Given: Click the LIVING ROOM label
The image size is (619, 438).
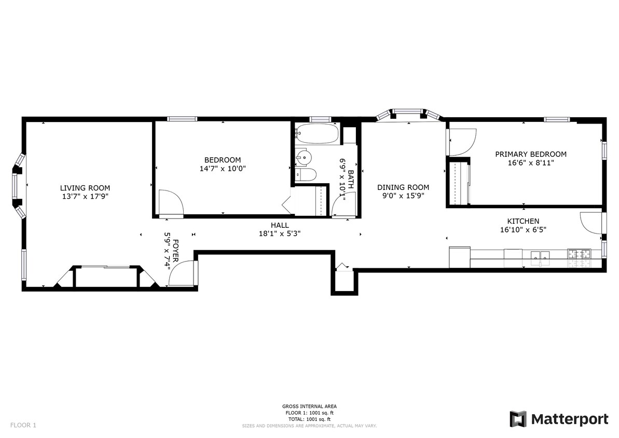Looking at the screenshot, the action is click(85, 188).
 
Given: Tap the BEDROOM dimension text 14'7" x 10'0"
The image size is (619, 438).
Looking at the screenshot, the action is click(223, 169).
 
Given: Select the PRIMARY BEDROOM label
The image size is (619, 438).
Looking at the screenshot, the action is click(531, 154).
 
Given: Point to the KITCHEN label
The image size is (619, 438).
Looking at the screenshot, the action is click(523, 221).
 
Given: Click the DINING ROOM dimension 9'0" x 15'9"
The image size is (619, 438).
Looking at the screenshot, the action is click(403, 196).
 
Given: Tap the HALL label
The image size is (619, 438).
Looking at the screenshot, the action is click(280, 225).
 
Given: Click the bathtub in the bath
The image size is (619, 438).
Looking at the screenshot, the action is click(317, 133).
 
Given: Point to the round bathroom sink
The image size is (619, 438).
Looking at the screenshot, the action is click(303, 158).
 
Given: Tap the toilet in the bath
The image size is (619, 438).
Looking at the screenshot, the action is click(306, 175).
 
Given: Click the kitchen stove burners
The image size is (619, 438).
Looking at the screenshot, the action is click(579, 253).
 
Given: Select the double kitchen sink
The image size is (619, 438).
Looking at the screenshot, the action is click(540, 255).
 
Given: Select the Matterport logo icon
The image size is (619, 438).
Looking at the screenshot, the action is click(518, 419).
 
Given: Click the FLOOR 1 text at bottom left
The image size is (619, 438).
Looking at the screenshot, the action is click(23, 426).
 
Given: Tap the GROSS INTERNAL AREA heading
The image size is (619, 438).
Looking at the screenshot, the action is click(309, 406).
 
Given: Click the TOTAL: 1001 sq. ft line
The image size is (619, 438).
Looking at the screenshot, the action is click(309, 419).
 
